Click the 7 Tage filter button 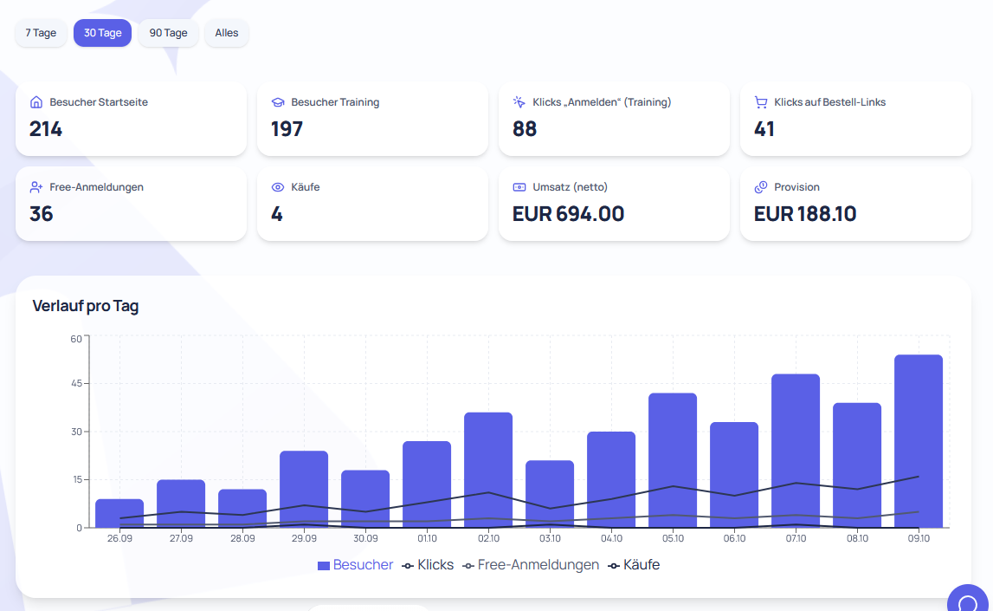click(41, 33)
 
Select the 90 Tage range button click(169, 33)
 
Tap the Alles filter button click(227, 33)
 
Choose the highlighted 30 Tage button click(103, 33)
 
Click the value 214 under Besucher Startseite click(46, 129)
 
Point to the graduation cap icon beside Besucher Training click(277, 102)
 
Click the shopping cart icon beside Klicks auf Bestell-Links click(761, 102)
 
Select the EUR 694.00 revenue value click(568, 214)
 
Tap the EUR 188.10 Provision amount click(805, 214)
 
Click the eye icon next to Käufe click(277, 187)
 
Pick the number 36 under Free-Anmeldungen click(42, 214)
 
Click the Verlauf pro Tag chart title click(86, 306)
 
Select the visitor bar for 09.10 click(919, 441)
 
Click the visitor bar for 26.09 click(119, 513)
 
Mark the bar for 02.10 click(488, 470)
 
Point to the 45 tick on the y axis click(77, 383)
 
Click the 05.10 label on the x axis click(674, 539)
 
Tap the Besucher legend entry click(355, 565)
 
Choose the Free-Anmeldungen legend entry click(531, 565)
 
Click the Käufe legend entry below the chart click(634, 565)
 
